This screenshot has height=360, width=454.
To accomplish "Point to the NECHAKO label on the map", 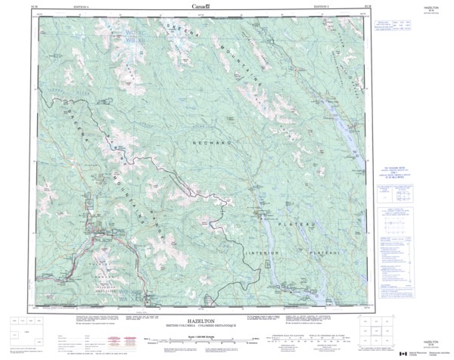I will pyautogui.click(x=206, y=142).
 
